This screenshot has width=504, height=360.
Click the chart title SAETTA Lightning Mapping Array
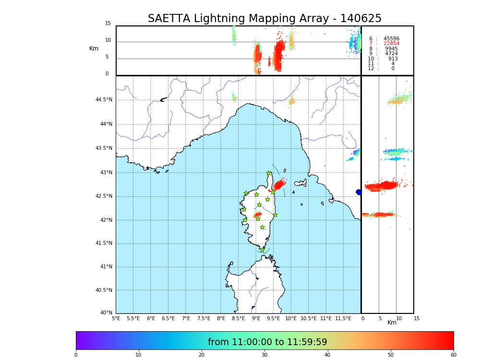coord(264,19)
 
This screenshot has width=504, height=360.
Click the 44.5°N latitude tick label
coord(104,100)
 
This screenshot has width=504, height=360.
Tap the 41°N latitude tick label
coord(106,267)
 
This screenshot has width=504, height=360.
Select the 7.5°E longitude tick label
coord(204,318)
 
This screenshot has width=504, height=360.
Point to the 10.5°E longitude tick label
coord(309,318)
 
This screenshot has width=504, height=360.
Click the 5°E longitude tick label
coord(116,318)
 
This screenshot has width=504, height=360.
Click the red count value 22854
coord(391,44)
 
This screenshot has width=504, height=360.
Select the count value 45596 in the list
coord(391,39)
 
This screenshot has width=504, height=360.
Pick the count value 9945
coord(391,49)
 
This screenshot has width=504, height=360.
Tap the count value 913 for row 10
coord(393,59)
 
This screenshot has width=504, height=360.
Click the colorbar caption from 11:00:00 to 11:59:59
coord(267,342)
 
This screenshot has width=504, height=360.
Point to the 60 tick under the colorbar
coord(453,355)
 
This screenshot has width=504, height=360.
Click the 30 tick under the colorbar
coord(264,355)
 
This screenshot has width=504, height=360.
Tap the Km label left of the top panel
coord(94,48)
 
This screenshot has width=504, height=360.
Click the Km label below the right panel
coord(392,323)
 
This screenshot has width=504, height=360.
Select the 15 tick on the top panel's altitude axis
coord(108,24)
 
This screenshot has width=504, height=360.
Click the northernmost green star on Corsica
coord(269,173)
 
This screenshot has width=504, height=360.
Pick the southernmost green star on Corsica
coord(263,250)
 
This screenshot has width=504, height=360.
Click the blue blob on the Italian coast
coord(359,192)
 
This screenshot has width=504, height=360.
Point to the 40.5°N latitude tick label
coord(104,290)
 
